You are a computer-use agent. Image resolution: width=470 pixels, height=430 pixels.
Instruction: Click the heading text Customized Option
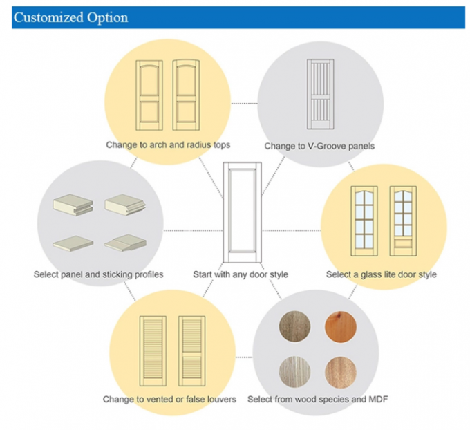(70, 17)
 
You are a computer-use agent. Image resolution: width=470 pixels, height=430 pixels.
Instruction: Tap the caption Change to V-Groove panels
(319, 146)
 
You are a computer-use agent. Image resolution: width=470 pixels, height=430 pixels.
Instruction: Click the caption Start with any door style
(241, 274)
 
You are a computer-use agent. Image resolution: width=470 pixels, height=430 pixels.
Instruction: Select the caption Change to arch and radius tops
(168, 145)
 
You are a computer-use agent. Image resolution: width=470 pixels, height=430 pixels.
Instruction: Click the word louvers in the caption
(221, 399)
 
